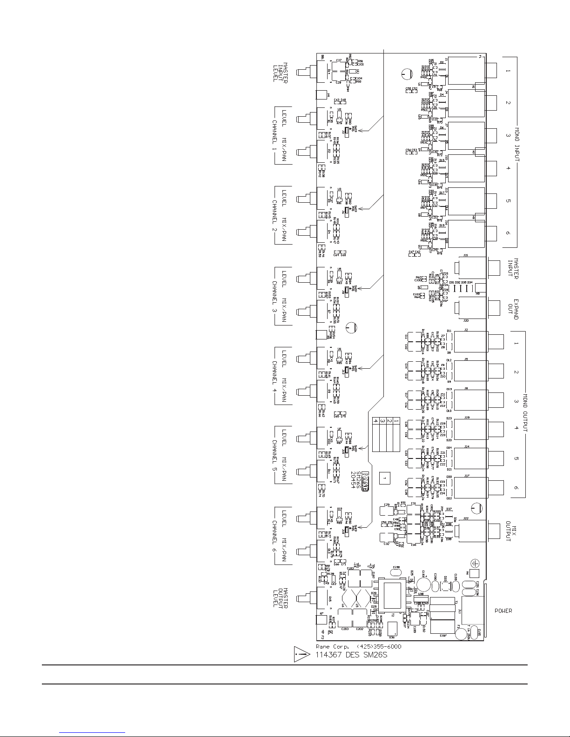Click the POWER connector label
(503, 611)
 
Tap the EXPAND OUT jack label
(513, 309)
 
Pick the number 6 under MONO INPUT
(508, 233)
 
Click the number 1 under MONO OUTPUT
(516, 344)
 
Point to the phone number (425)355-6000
(378, 647)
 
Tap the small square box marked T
(384, 478)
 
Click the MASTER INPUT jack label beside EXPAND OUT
(513, 269)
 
